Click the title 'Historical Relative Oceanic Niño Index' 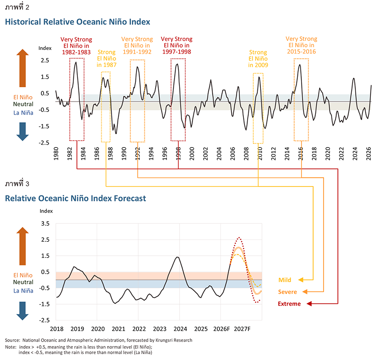(77, 22)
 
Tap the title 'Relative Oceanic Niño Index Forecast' (76, 198)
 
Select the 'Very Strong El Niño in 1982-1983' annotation (76, 46)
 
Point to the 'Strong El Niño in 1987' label (107, 58)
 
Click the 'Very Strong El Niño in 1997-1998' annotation (177, 45)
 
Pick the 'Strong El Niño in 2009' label (258, 58)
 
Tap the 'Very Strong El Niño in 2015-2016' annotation (301, 45)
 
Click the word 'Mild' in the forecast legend (285, 280)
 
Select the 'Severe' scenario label (288, 292)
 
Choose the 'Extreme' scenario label (289, 304)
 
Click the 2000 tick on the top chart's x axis (192, 154)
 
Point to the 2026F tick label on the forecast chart (221, 329)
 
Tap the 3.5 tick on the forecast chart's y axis (45, 223)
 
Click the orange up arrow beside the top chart (22, 68)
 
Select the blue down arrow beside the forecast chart (22, 311)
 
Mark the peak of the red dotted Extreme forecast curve (239, 237)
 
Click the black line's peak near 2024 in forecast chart (177, 257)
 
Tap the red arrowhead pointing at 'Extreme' (309, 304)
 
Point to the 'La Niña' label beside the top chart (23, 113)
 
